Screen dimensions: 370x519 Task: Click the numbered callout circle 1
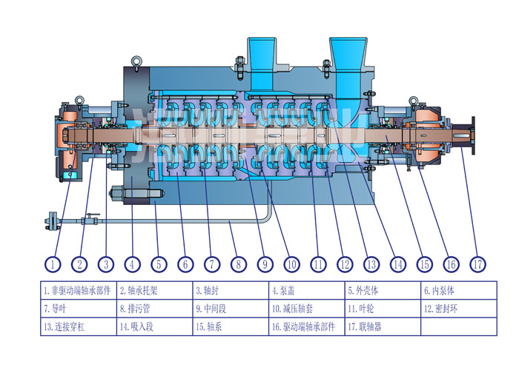pos(53,263)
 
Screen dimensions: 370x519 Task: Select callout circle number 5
pos(158,263)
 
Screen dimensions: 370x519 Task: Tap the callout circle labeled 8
pos(237,263)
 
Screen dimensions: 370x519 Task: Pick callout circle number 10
pos(290,263)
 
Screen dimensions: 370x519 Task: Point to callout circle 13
pos(371,263)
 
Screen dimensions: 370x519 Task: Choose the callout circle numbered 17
pos(477,263)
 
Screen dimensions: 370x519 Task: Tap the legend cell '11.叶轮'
pos(381,307)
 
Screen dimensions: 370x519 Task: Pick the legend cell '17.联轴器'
pos(381,325)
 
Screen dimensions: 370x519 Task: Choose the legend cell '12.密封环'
pos(457,307)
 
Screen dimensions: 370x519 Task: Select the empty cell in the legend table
pos(457,325)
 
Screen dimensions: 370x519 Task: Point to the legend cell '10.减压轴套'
pos(305,307)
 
